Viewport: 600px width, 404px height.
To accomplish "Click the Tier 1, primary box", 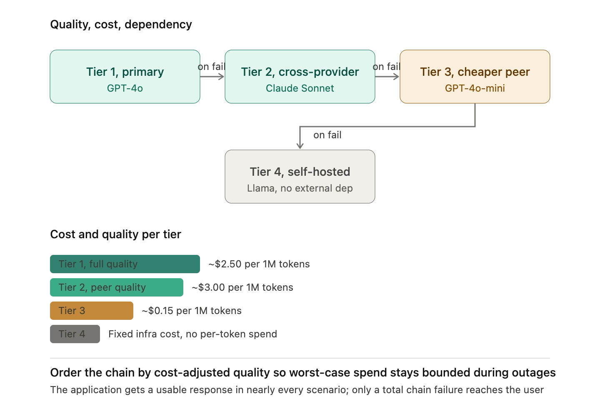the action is [x=125, y=77].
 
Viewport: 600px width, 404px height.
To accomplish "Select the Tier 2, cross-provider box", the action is [x=300, y=77].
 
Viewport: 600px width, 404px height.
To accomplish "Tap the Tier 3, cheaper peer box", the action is [x=475, y=77].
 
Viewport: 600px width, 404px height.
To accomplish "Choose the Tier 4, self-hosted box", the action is [x=300, y=177].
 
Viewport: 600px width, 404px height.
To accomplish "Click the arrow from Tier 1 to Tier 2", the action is [x=212, y=77].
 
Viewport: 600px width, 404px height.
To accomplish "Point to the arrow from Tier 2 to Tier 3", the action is [x=387, y=77].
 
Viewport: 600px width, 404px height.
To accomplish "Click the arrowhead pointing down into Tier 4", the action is [x=300, y=146].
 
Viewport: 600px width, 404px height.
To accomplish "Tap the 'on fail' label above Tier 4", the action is [x=327, y=135].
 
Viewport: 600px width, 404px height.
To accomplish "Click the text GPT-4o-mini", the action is [x=475, y=88].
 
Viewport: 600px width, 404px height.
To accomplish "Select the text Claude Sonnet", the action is [x=300, y=88].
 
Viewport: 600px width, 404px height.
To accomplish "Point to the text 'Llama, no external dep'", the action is [x=300, y=188].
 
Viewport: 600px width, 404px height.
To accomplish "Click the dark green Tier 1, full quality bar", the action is [x=125, y=264].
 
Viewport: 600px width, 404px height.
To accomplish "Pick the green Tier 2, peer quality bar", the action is [x=117, y=287].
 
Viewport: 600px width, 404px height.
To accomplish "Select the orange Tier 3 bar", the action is [x=92, y=311].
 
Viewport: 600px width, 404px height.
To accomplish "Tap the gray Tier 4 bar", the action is [x=75, y=334].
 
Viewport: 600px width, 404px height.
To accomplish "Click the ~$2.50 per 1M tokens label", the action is [x=259, y=264].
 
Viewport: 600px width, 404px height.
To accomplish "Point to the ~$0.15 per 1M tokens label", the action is [x=192, y=311].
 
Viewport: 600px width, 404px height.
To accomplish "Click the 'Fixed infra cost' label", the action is [x=192, y=334].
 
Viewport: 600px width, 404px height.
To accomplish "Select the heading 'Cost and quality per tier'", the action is [x=116, y=234].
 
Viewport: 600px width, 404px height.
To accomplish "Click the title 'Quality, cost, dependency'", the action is [x=121, y=24].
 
